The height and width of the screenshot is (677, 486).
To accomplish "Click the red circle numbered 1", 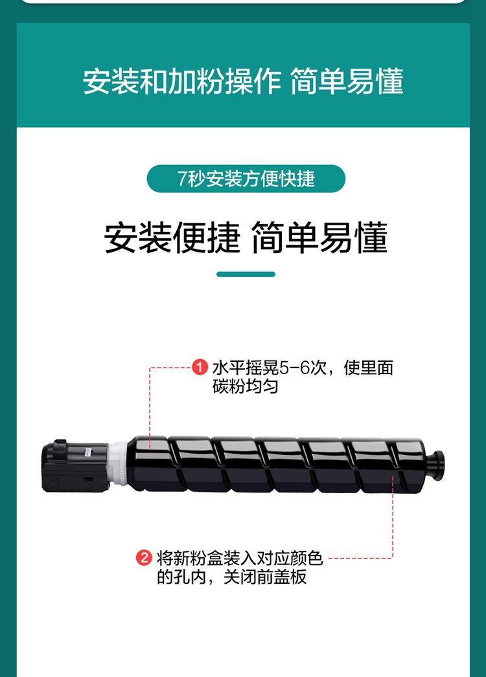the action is point(200,368).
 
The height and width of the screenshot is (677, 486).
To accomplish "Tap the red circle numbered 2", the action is point(144,557).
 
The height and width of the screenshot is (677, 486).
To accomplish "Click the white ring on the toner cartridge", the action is point(117,463).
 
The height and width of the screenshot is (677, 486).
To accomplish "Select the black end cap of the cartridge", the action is point(75,466).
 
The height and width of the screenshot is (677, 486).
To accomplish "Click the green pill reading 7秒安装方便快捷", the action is point(246,179).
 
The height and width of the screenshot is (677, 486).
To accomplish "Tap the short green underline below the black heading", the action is point(246,274).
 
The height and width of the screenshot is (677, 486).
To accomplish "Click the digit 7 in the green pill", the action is point(182,179).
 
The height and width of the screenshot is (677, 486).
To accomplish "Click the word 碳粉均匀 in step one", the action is point(245,386).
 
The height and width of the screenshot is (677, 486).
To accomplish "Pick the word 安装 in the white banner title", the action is point(110,81).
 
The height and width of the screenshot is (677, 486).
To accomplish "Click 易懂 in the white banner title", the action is point(375,81).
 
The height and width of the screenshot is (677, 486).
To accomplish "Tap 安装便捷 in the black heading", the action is point(172,238).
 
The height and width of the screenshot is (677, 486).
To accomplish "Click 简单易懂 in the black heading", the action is point(319,238).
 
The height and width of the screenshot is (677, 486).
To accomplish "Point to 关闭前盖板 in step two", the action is point(265,577).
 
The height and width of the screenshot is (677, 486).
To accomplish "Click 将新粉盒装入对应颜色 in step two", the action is point(240,558).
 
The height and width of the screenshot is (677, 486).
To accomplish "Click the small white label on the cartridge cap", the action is point(88,452).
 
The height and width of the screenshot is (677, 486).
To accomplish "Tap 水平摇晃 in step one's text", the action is point(246,368).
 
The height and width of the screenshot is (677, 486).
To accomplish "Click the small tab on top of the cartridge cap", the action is point(60,442).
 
